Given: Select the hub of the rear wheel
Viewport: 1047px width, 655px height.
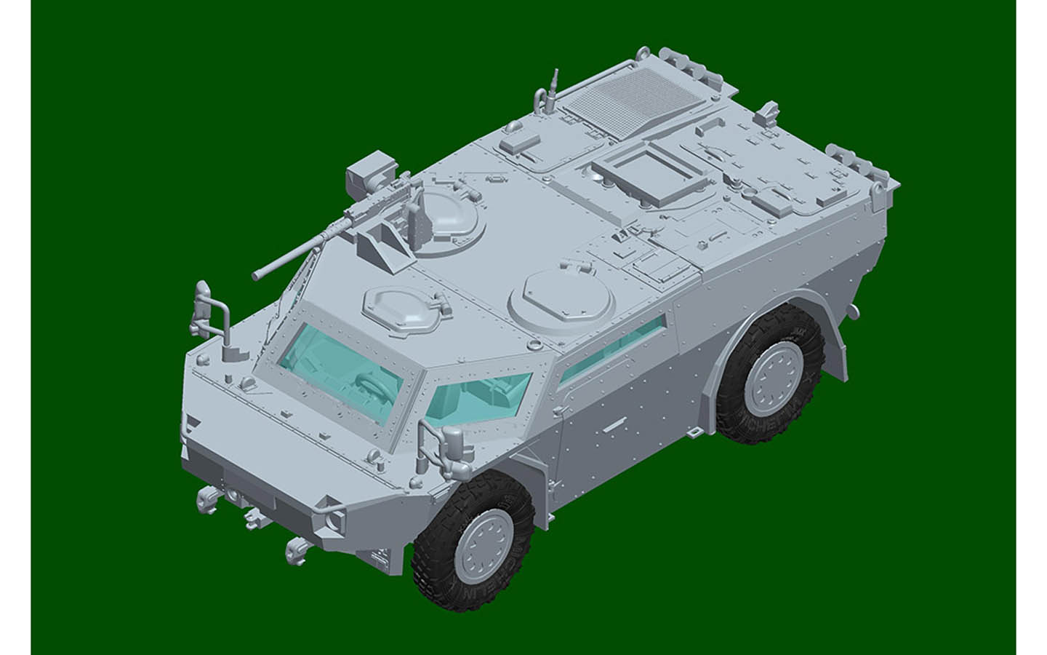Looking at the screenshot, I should [774, 376].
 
